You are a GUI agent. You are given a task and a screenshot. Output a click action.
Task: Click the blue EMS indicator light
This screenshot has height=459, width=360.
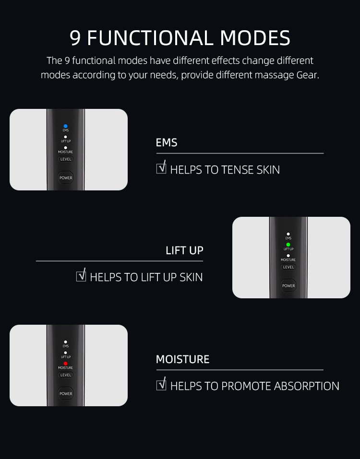click(x=65, y=126)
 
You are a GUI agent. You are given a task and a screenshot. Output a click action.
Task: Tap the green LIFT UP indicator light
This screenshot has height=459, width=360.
click(x=288, y=245)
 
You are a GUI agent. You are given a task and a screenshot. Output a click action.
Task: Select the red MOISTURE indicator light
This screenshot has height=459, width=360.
click(x=65, y=364)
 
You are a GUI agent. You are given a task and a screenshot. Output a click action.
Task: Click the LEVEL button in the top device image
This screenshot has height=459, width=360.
click(x=66, y=159)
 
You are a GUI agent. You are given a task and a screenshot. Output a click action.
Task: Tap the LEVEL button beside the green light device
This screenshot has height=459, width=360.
click(x=288, y=267)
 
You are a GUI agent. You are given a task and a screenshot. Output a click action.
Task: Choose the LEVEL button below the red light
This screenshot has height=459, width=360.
click(x=66, y=375)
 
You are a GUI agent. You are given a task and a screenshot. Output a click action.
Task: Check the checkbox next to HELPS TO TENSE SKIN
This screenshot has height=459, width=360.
click(x=161, y=168)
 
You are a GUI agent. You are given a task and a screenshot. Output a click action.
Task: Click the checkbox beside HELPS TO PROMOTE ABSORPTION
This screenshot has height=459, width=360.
click(x=161, y=385)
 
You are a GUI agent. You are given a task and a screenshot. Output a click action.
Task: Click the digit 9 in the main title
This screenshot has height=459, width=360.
click(x=75, y=38)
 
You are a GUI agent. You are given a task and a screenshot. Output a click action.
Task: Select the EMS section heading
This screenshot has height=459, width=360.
click(x=167, y=142)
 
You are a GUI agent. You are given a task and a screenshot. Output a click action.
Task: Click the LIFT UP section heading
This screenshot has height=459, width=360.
click(x=184, y=250)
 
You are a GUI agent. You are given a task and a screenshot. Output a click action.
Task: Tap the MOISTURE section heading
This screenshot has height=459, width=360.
click(x=183, y=359)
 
